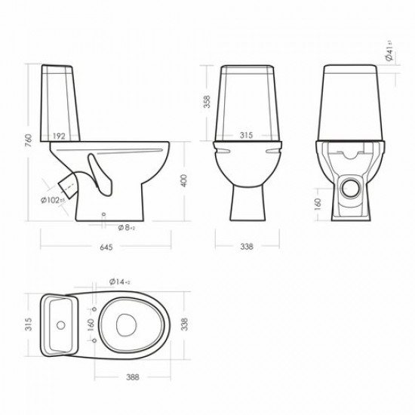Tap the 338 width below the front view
[247, 246]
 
